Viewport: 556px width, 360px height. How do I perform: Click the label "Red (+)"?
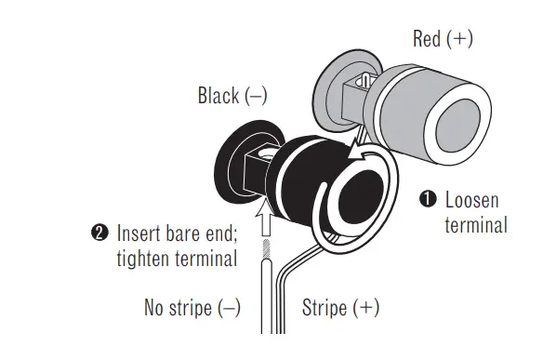(x=443, y=39)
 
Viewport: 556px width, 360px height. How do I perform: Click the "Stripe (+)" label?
(x=340, y=307)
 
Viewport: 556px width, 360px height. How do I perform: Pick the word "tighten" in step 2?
(x=143, y=257)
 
